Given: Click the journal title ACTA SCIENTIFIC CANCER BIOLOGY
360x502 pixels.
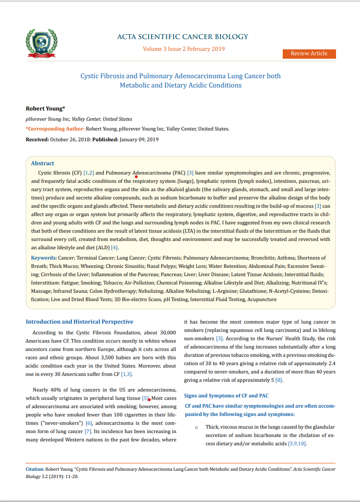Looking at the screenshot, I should tap(182, 37).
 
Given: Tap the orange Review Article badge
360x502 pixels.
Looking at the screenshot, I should tap(309, 53).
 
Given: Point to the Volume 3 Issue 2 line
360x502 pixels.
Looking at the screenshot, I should tap(183, 49).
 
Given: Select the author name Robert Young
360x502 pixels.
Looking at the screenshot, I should tap(45, 108).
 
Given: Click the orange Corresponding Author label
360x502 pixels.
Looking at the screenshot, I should tap(55, 129).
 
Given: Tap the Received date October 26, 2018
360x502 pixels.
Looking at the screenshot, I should tap(70, 139).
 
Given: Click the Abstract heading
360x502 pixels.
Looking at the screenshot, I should tap(43, 163).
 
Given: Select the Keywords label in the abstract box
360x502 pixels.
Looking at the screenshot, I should tap(44, 257).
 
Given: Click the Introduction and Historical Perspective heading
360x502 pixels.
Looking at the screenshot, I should tap(79, 322).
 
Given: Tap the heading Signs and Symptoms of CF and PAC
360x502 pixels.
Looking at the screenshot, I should tap(226, 395).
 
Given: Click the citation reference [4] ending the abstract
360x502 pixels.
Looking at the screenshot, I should tap(114, 248).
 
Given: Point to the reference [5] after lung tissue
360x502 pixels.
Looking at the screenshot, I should tap(145, 398).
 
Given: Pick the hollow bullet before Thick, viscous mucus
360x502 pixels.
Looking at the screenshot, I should tap(196, 427).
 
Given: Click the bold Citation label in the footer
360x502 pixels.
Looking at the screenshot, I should tap(35, 469).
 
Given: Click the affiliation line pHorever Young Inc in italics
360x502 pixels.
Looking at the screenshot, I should tap(79, 119).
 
